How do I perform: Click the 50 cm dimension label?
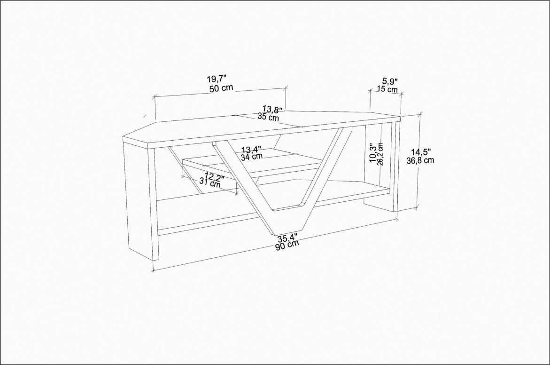pyautogui.click(x=221, y=88)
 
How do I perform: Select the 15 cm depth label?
pyautogui.click(x=387, y=89)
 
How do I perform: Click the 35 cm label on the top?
pyautogui.click(x=268, y=117)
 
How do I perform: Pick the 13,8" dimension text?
pyautogui.click(x=272, y=109)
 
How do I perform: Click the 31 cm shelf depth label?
pyautogui.click(x=210, y=182)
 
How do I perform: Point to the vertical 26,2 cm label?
pyautogui.click(x=380, y=154)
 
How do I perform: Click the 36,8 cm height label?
pyautogui.click(x=420, y=160)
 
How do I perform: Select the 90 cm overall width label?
pyautogui.click(x=287, y=245)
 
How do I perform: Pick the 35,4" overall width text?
pyautogui.click(x=287, y=238)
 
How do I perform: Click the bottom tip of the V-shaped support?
pyautogui.click(x=274, y=235)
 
